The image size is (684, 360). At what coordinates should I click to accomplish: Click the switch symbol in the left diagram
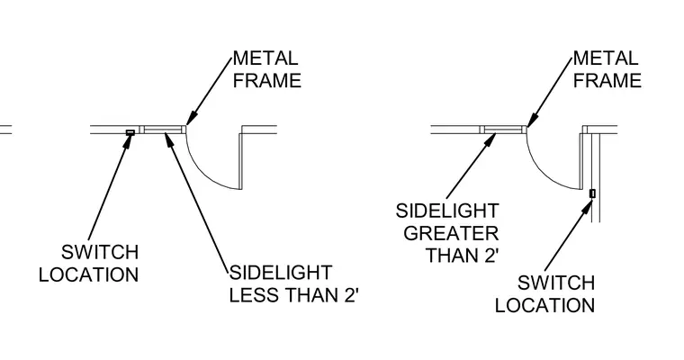pos(130,132)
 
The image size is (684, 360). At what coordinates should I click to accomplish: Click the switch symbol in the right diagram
pos(592,193)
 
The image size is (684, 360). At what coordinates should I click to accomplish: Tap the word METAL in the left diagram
pos(265,58)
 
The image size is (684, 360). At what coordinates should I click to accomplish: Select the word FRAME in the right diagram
pos(607,81)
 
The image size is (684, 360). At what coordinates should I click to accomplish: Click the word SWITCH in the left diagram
pos(100,252)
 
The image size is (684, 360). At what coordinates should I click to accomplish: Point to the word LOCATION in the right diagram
pos(544,305)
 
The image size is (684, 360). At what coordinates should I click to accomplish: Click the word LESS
pos(255,295)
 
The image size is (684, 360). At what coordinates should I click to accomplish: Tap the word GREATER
pos(451,233)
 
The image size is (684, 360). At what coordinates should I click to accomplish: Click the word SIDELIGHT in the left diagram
pos(281,273)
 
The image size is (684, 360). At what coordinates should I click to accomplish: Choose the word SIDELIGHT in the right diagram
pos(447,211)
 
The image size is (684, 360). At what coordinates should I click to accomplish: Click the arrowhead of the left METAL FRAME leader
pos(192,118)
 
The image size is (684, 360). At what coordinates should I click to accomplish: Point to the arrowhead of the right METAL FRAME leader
pos(532,119)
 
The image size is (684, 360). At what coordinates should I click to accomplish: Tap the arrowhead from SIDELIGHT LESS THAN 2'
pos(169,139)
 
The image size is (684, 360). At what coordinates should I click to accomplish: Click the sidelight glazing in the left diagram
pos(163,130)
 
